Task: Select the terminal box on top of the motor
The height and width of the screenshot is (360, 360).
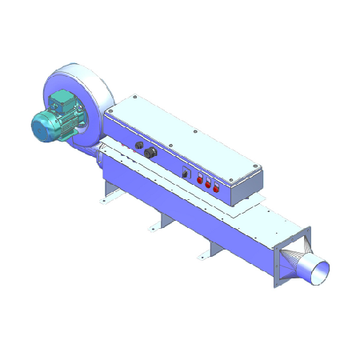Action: (60, 102)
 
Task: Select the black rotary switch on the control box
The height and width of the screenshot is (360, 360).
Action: (186, 172)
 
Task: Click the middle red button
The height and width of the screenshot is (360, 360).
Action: (208, 184)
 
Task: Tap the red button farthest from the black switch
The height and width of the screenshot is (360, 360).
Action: (216, 189)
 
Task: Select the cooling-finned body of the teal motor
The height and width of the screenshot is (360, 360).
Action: (60, 118)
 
